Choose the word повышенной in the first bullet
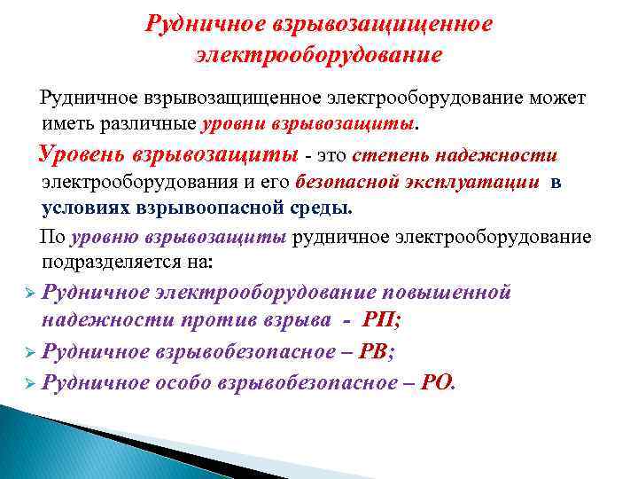[x=448, y=292]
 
